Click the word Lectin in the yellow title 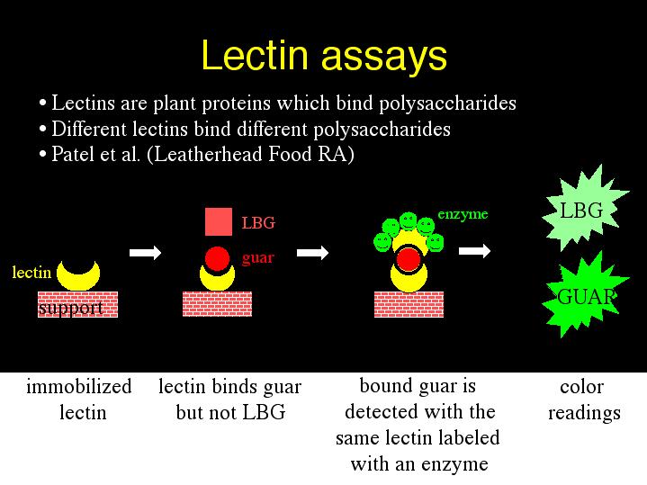(255, 55)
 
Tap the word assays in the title (383, 58)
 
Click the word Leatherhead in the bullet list (209, 155)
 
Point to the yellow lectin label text (31, 273)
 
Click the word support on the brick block (70, 309)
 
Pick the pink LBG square (219, 221)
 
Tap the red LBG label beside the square (258, 223)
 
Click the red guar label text (258, 258)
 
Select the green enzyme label (463, 214)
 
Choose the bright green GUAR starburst (585, 295)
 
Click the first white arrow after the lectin (145, 253)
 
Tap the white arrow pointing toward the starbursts (474, 250)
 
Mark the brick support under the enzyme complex (409, 304)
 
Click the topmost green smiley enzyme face (409, 220)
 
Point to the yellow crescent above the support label (78, 276)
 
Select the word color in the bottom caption (582, 387)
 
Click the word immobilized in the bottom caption (79, 386)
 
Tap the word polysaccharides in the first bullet (447, 103)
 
